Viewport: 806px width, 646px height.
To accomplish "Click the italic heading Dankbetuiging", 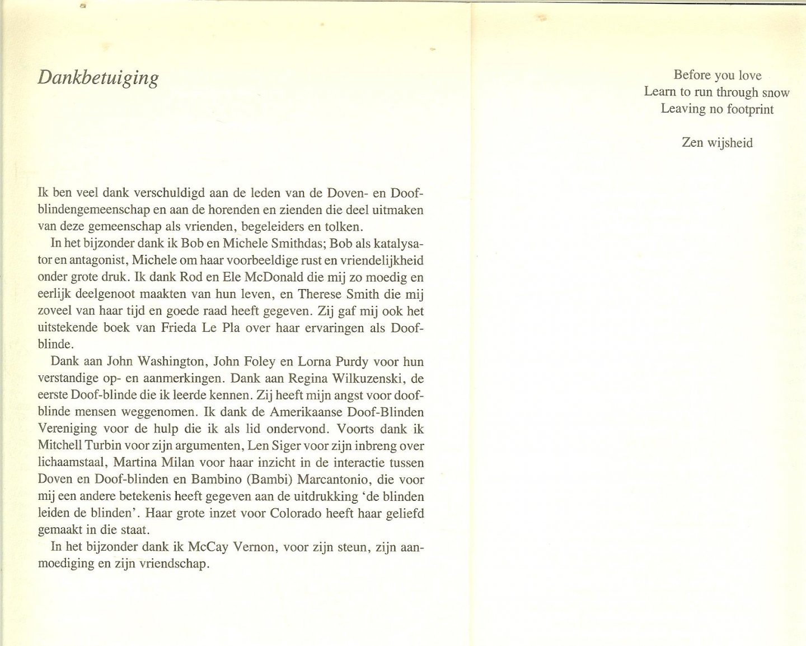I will (x=98, y=78).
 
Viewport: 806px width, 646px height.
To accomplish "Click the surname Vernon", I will (x=255, y=547).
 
